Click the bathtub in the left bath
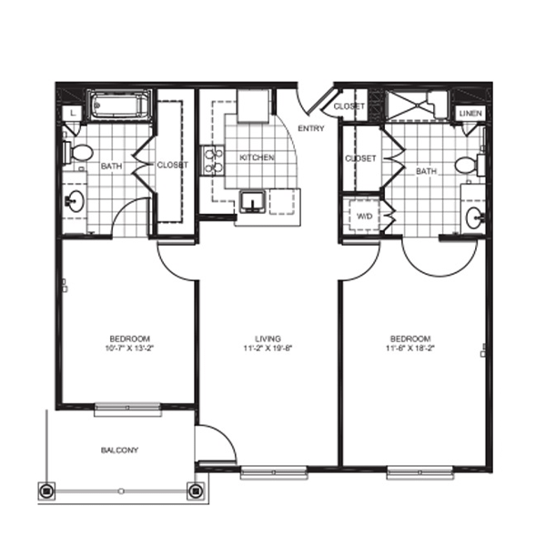(x=119, y=105)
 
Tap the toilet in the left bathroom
(x=78, y=153)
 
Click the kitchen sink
(x=253, y=202)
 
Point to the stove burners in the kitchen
(x=213, y=160)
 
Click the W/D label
(x=365, y=217)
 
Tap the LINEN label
(x=470, y=113)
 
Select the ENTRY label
(x=311, y=128)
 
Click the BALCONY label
(x=119, y=450)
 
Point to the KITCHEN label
(x=257, y=157)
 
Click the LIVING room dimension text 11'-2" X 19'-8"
(x=268, y=348)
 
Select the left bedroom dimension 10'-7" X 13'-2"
(x=129, y=348)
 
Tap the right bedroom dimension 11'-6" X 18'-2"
(x=410, y=348)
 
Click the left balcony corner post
(x=46, y=491)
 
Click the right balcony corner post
(x=196, y=491)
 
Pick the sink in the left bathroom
(x=75, y=201)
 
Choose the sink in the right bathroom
(x=475, y=218)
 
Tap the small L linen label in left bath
(x=73, y=113)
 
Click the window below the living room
(x=274, y=472)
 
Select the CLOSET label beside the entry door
(x=349, y=106)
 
